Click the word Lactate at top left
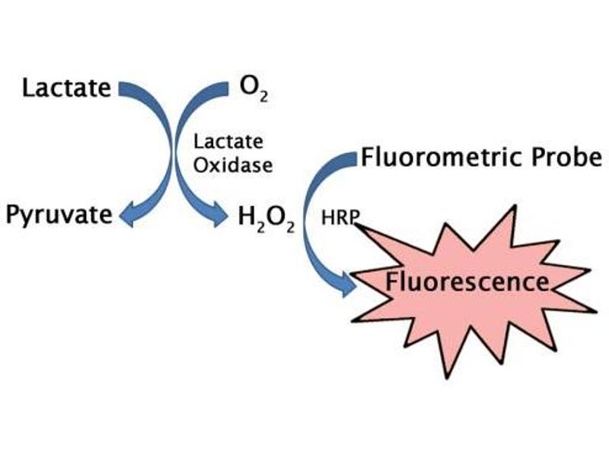click(66, 88)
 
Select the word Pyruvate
click(59, 215)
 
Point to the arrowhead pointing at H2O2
click(221, 216)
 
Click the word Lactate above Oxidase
click(228, 142)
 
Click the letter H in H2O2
click(246, 216)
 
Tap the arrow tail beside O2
click(223, 89)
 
